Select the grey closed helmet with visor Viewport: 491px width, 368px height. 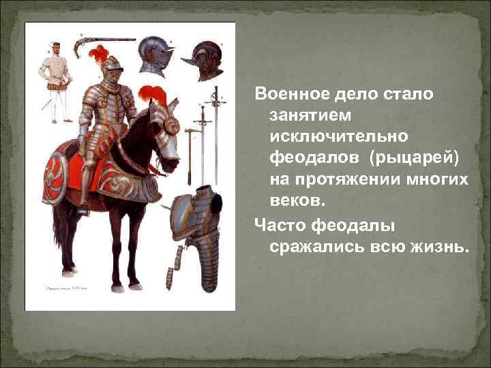pyautogui.click(x=153, y=56)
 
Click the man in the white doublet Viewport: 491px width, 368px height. pyautogui.click(x=54, y=78)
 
